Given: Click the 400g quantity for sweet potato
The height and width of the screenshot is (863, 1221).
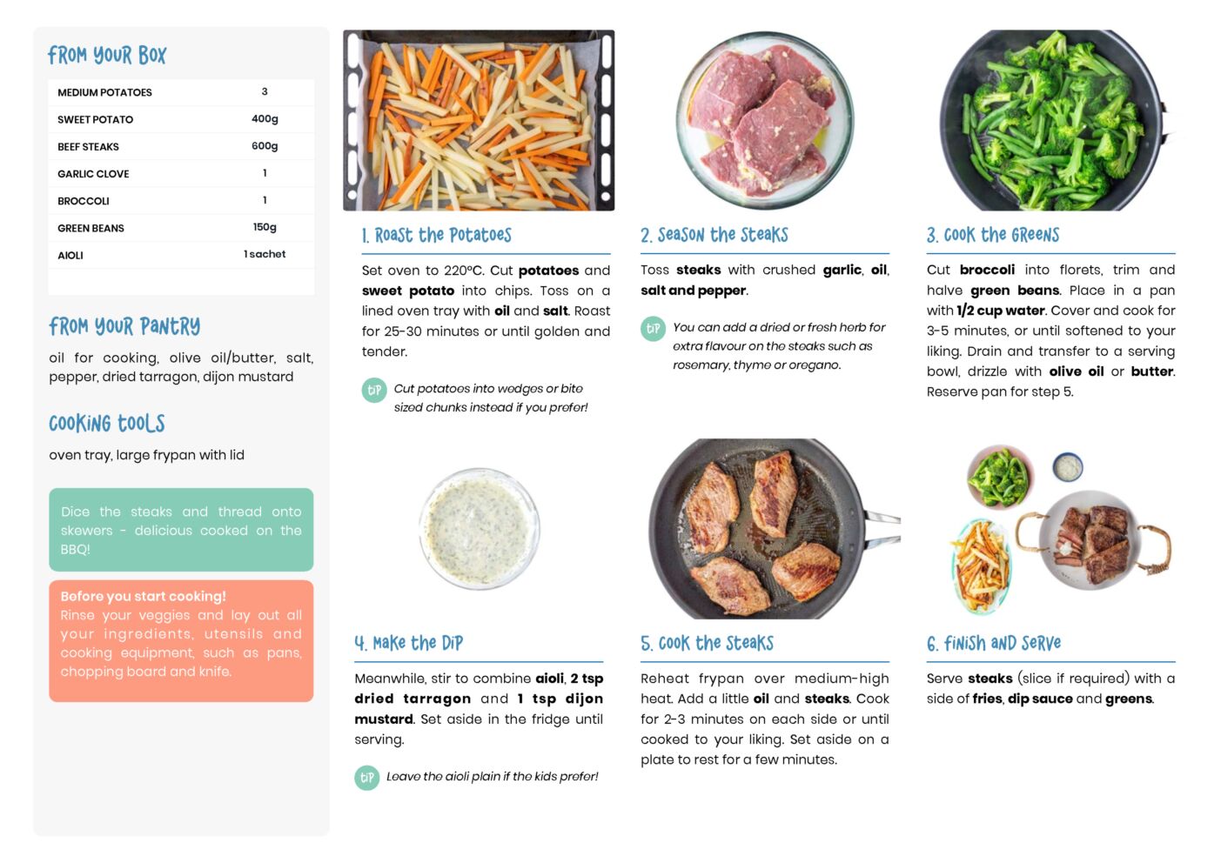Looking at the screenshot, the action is pos(265,119).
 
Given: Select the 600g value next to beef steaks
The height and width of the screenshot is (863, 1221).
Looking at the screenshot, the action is pos(265,146).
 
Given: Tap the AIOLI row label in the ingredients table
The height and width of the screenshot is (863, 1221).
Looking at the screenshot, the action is pos(70,255).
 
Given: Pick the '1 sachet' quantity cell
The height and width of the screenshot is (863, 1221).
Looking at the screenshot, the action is pos(265,254).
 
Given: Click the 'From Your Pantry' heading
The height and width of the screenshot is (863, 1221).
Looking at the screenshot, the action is pos(124,326).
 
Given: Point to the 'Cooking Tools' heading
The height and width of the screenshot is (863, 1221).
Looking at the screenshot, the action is pos(107,424).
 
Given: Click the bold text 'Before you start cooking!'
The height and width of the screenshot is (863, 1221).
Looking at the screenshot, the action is pos(144,596).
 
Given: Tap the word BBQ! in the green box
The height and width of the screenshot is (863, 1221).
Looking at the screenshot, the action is pos(75,549).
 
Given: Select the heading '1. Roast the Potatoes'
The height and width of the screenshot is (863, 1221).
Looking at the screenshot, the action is pos(437,236).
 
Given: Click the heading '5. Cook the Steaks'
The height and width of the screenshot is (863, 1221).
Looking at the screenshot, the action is pos(707,644).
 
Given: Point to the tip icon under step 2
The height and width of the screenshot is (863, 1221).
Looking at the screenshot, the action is pos(653,329).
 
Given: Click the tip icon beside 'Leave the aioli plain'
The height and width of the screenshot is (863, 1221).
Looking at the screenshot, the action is pos(367,778).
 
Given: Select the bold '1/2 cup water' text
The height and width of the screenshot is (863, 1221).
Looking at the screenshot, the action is pos(1001,311).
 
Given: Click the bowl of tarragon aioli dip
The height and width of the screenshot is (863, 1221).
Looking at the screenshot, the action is pos(480,528).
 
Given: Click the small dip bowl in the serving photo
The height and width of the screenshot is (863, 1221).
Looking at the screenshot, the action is pos(1068,467).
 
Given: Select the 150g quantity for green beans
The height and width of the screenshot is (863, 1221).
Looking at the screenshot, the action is pos(265,227).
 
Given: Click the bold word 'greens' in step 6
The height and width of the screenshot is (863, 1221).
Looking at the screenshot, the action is pos(1129,699).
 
